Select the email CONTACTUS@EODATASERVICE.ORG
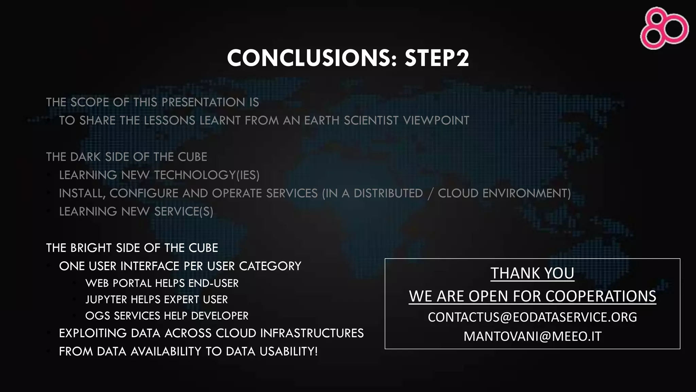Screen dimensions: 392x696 (x=532, y=317)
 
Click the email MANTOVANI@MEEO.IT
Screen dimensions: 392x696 (x=532, y=336)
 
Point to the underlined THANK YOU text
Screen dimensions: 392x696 (x=532, y=273)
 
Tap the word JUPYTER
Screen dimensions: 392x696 (x=106, y=299)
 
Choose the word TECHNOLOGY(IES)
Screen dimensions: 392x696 (x=207, y=175)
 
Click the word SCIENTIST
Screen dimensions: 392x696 (x=371, y=120)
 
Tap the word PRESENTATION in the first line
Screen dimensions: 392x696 (x=203, y=102)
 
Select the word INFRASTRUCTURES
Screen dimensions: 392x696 (x=312, y=333)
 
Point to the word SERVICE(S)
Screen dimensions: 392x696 (x=184, y=212)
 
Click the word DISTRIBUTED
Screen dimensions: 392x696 (x=388, y=193)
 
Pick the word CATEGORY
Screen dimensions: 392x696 (x=270, y=266)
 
